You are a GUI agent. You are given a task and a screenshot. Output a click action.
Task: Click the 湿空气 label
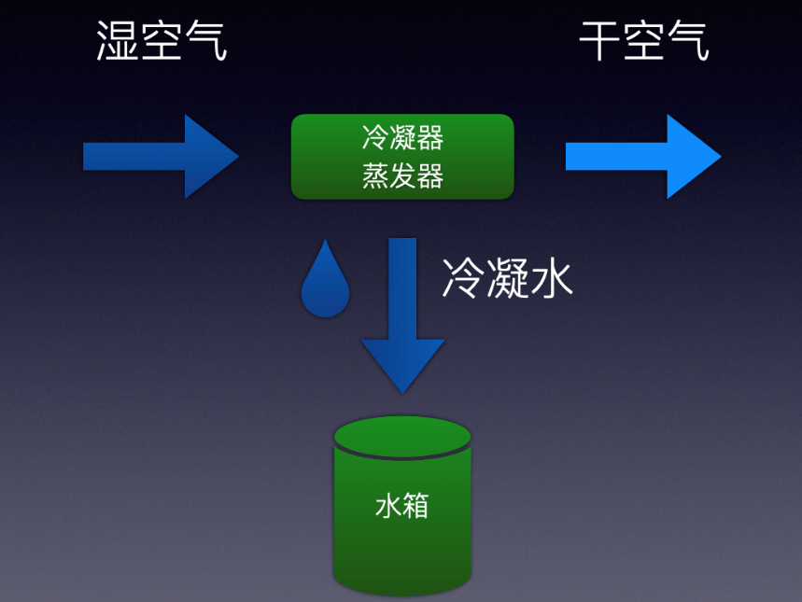point(162,42)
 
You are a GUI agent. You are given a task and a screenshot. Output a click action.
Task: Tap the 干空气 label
point(643,42)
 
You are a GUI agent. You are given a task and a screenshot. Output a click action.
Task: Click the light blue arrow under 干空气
point(642,157)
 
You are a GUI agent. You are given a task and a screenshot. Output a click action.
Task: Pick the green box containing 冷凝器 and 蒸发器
point(402,157)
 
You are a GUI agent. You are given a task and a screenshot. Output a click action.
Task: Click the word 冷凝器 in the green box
point(402,139)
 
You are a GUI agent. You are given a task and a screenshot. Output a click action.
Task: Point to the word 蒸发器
point(402,176)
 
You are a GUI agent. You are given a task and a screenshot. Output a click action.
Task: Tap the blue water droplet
point(325,281)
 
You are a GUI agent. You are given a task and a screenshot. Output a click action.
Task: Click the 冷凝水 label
point(507,277)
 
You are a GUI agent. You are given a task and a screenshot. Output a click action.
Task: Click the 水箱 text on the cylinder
point(402,506)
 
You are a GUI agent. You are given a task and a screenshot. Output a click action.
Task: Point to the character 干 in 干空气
point(600,42)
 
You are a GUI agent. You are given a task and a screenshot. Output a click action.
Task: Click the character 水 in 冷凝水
point(551,277)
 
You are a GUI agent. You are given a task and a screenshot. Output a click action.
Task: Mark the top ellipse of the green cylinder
point(402,437)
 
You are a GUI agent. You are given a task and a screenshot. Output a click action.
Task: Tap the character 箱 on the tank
point(416,506)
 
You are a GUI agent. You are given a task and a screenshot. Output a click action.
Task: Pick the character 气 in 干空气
point(687,42)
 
